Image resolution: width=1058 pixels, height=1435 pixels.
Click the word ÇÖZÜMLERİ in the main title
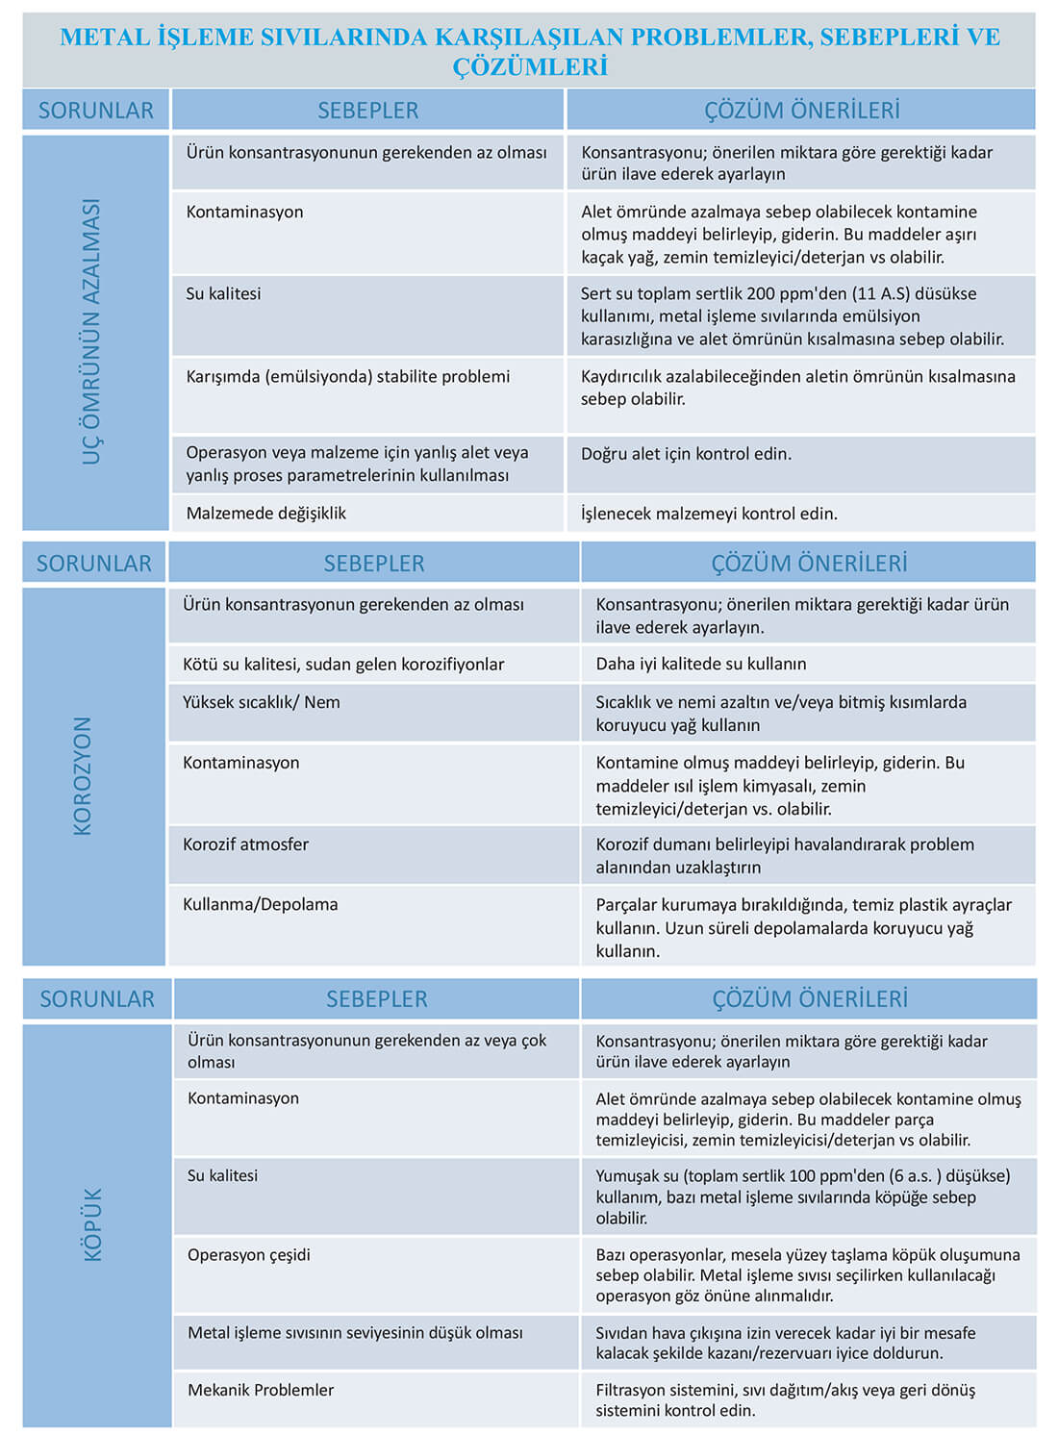point(530,67)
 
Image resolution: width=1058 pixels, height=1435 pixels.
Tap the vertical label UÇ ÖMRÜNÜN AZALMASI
point(92,332)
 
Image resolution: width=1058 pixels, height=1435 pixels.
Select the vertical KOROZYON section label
point(84,775)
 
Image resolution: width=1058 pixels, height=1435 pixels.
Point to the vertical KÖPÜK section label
point(93,1223)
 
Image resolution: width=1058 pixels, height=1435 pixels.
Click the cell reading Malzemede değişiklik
point(266,514)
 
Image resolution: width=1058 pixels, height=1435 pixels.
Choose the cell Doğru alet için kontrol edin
point(686,454)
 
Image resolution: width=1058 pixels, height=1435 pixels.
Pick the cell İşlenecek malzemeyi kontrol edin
point(709,514)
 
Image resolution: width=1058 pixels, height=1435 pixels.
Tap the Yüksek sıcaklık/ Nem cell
point(262,702)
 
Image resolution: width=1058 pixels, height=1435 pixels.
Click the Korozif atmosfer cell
point(246,844)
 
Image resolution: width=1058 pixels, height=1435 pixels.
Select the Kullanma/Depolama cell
point(261,904)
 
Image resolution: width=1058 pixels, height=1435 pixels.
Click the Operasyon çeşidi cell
point(249,1255)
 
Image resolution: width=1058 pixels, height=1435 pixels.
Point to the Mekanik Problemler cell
point(261,1390)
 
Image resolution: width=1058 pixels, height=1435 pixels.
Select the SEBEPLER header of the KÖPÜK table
point(377,999)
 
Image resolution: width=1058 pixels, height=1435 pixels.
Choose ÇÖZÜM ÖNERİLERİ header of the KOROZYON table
point(809,564)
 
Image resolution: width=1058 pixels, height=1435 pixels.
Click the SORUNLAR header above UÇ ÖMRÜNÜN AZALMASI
point(96,111)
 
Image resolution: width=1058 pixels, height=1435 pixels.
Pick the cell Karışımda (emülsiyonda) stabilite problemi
point(348,376)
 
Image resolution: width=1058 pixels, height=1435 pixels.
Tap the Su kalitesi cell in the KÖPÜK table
point(223,1175)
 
